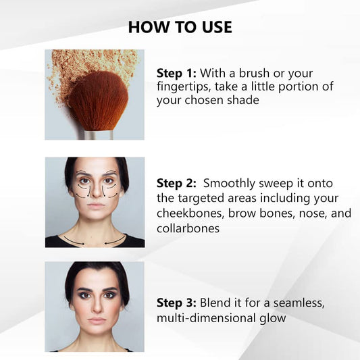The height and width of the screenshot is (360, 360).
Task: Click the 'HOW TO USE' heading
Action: [180, 27]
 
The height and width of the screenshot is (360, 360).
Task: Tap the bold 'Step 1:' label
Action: [176, 73]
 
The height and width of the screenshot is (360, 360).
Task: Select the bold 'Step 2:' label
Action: [176, 184]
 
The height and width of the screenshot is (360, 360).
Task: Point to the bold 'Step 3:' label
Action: [176, 303]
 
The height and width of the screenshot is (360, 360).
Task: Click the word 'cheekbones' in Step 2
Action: [188, 213]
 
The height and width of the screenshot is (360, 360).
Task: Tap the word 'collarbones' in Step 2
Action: [188, 228]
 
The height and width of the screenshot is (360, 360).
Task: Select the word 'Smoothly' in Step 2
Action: [229, 184]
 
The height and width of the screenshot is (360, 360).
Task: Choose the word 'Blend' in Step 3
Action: [215, 303]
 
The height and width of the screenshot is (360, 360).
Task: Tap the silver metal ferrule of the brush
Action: [99, 135]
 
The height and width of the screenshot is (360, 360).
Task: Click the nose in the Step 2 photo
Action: [97, 191]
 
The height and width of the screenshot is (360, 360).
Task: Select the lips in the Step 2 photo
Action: [97, 205]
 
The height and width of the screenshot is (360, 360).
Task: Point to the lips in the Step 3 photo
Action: [97, 321]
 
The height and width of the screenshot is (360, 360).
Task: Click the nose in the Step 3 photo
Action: [97, 305]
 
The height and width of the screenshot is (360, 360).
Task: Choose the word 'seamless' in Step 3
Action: [299, 303]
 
